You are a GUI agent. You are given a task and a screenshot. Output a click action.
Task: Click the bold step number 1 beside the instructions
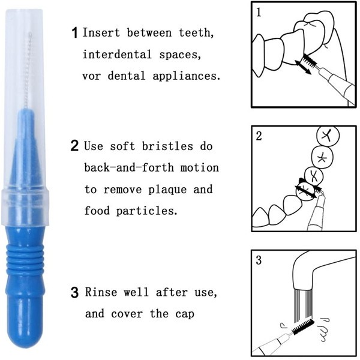74,32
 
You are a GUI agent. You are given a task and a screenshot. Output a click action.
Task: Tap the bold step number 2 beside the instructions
74,145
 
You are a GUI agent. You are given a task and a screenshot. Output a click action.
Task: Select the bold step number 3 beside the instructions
74,293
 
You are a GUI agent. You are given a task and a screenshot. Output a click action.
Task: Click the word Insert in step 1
101,32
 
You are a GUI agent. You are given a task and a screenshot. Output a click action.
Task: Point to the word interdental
117,55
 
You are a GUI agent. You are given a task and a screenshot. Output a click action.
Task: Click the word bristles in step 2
167,146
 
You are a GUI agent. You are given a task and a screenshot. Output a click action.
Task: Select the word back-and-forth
129,167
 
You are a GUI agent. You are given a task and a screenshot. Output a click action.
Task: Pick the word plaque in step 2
167,190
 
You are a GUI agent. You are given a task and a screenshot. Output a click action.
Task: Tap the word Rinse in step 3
101,292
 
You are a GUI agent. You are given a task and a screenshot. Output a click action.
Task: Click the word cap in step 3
185,314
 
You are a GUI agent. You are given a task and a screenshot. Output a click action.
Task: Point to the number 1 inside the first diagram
259,12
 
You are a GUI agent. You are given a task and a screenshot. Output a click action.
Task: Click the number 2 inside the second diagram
259,136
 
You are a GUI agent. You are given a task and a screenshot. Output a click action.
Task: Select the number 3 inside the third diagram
259,260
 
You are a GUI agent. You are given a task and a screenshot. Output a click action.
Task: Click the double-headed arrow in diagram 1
303,67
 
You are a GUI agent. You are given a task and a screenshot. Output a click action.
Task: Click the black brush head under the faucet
302,327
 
